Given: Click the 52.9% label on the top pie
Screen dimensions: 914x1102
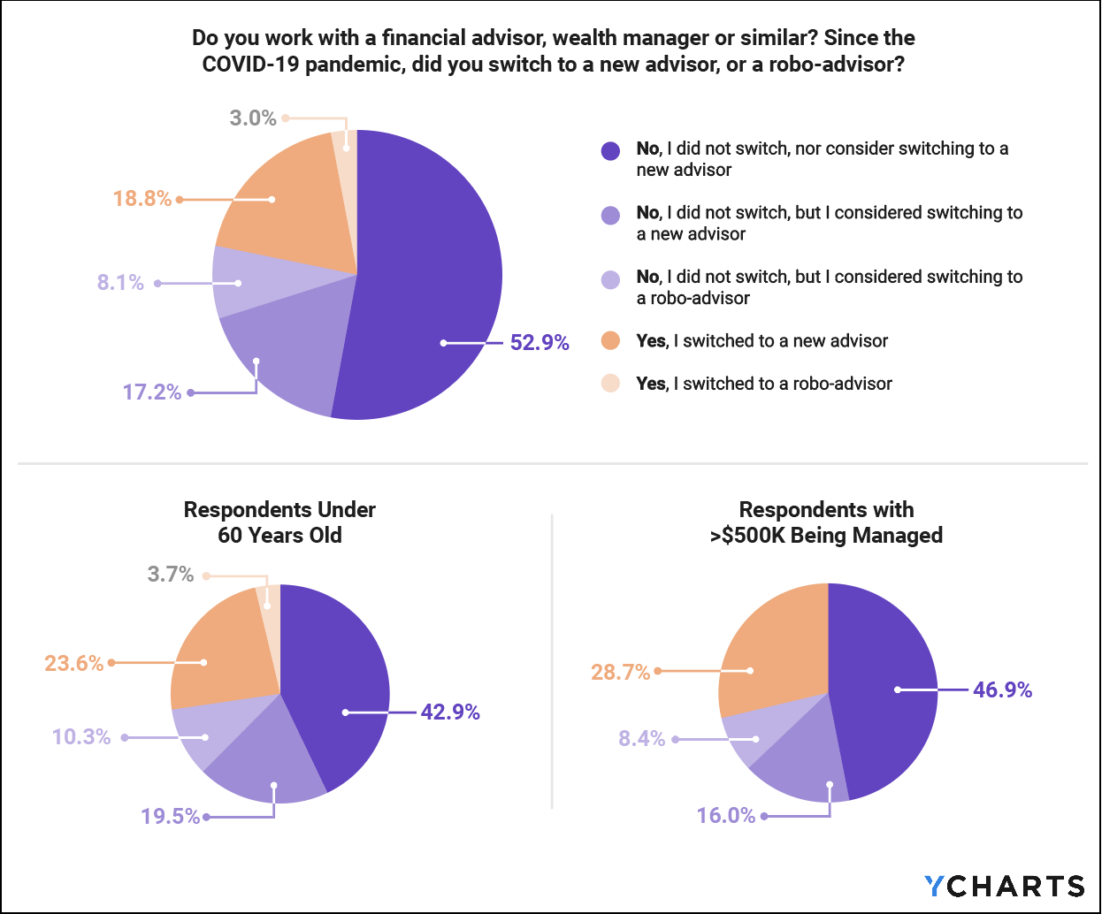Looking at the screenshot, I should (539, 343).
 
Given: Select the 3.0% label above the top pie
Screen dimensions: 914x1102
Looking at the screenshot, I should (253, 118).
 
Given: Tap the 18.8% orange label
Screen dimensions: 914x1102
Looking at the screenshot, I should (142, 199).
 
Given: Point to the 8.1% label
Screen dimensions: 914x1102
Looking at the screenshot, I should (120, 283).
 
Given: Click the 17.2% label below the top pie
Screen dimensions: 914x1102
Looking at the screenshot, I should (151, 392).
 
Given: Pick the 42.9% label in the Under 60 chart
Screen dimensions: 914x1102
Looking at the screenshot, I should (449, 712).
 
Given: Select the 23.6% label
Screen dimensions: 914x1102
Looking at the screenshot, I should (73, 663).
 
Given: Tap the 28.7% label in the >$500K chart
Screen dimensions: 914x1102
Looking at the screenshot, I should (620, 673).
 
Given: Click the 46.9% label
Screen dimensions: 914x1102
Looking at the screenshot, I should (1002, 690).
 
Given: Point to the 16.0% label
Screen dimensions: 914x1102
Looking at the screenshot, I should (725, 816).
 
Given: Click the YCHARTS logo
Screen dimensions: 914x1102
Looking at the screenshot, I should (1004, 887).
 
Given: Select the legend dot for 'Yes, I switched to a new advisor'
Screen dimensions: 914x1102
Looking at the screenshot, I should (610, 341).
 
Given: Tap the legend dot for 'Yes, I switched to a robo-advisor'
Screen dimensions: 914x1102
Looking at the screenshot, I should (610, 384).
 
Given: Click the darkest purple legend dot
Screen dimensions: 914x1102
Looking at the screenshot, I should (610, 150).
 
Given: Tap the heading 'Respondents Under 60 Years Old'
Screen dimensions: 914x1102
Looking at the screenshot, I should (279, 522).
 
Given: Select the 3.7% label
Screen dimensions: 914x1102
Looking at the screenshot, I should (170, 575).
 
